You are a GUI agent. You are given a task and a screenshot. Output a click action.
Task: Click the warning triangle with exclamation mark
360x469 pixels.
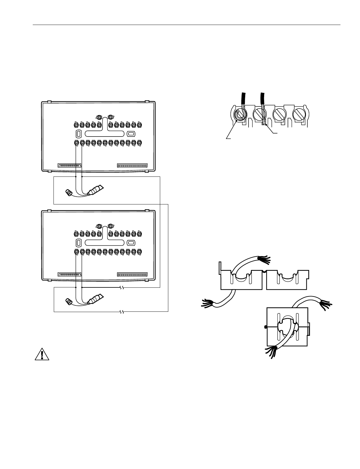pos(42,354)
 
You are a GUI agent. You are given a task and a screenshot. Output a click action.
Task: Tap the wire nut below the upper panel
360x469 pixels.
pos(69,192)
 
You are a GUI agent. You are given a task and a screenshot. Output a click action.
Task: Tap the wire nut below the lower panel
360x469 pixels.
pos(69,301)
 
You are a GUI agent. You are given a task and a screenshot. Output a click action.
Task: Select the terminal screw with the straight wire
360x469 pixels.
pos(259,115)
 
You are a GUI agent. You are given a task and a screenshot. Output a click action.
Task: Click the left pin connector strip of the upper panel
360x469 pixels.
pos(69,165)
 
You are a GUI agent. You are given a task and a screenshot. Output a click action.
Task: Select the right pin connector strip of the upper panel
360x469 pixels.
pos(133,165)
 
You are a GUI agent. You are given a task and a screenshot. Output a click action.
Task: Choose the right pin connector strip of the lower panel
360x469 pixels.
pos(133,274)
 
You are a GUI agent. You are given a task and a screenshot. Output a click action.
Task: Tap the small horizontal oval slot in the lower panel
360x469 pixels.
pos(131,243)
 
